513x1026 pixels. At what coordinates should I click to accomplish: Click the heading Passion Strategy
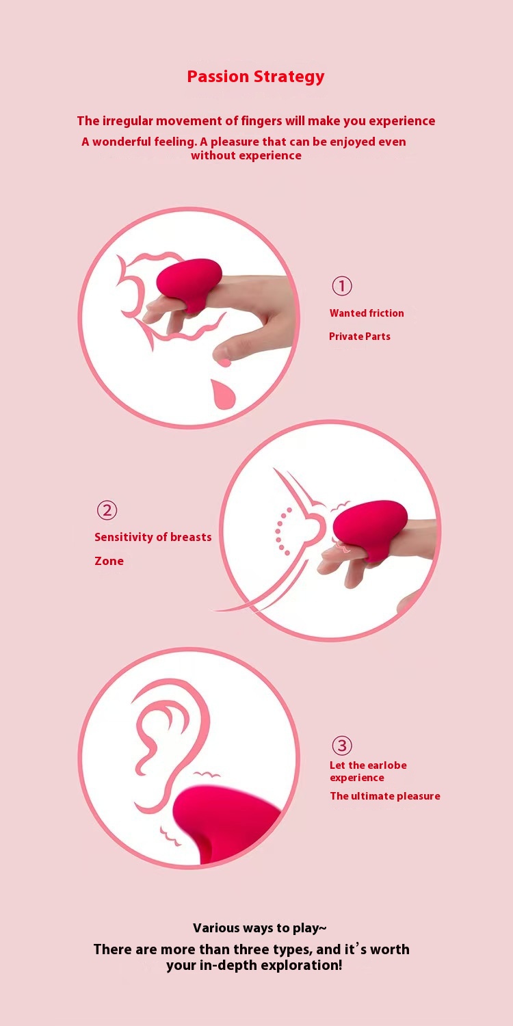[256, 77]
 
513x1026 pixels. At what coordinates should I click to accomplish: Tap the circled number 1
[342, 286]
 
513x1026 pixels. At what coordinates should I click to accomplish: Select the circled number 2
[107, 510]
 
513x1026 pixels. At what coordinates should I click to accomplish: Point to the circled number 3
[342, 746]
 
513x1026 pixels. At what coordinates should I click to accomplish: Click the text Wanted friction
[367, 313]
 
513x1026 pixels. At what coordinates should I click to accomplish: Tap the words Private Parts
[360, 337]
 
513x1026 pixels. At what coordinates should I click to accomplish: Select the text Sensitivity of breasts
[153, 537]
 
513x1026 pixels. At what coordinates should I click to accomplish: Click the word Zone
[109, 561]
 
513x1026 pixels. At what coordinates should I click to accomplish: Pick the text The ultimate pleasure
[385, 796]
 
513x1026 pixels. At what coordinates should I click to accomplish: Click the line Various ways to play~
[260, 928]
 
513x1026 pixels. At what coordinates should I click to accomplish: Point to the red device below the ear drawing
[224, 824]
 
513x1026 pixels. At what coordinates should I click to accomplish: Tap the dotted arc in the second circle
[280, 531]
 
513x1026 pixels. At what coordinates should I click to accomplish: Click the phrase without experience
[246, 155]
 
